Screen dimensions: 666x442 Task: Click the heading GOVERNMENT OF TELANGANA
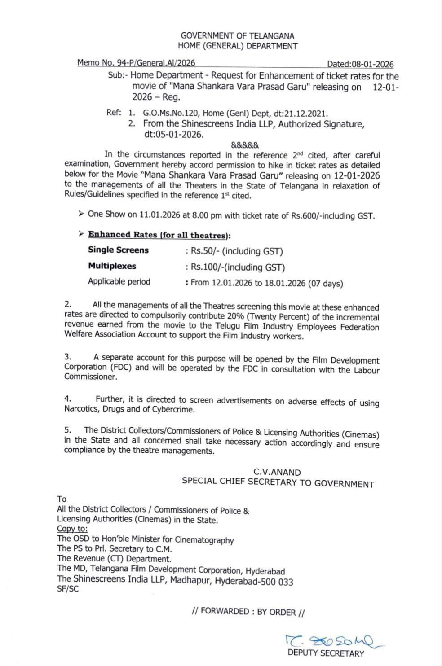pyautogui.click(x=238, y=36)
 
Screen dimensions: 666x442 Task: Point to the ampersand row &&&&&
pyautogui.click(x=245, y=145)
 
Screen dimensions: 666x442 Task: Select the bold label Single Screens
pyautogui.click(x=118, y=250)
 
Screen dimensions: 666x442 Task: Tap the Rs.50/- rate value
pyautogui.click(x=205, y=251)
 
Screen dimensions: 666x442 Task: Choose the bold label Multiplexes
pyautogui.click(x=112, y=266)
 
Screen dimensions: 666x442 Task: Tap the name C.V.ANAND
pyautogui.click(x=277, y=472)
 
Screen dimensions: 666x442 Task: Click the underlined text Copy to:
pyautogui.click(x=72, y=529)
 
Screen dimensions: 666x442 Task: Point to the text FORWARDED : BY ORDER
pyautogui.click(x=248, y=612)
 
